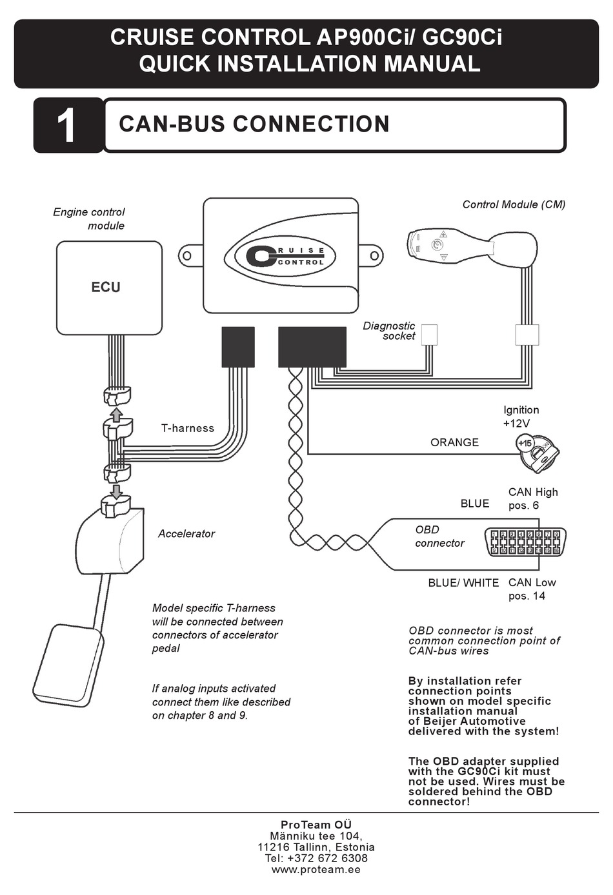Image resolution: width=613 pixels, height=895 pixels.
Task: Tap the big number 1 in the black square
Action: pos(67,126)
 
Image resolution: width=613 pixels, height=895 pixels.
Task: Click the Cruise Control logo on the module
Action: pos(281,255)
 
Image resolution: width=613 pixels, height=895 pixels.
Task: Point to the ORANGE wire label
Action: pos(454,442)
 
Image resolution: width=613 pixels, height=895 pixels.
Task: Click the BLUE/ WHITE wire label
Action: pos(463,583)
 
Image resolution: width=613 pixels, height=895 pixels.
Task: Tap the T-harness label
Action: pos(187,428)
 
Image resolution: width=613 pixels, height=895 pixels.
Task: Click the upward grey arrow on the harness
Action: pos(116,413)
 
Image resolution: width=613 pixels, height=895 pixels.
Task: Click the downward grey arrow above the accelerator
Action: pos(116,491)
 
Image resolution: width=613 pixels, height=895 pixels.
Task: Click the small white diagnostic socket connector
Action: pos(429,335)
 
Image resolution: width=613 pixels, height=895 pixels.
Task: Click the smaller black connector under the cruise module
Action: pos(237,347)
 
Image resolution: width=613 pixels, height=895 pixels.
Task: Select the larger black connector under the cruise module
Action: pos(312,347)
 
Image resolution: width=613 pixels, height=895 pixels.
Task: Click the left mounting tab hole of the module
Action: pos(188,256)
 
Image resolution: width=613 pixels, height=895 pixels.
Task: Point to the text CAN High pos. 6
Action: pos(532,498)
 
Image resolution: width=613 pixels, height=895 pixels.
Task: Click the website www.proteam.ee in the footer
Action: pos(316,869)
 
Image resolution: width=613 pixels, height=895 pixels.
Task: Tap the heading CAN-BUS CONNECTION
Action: pos(254,124)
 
